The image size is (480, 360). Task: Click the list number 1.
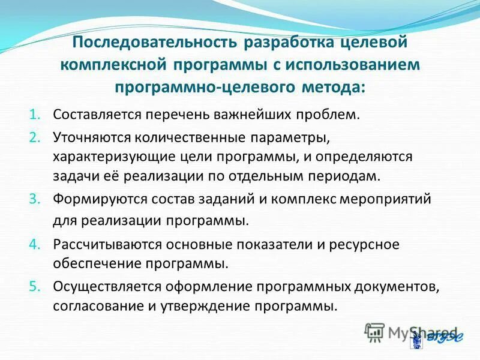click(34, 114)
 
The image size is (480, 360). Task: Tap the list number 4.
click(34, 244)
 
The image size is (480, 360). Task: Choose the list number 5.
click(34, 287)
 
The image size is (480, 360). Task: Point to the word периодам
click(348, 176)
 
